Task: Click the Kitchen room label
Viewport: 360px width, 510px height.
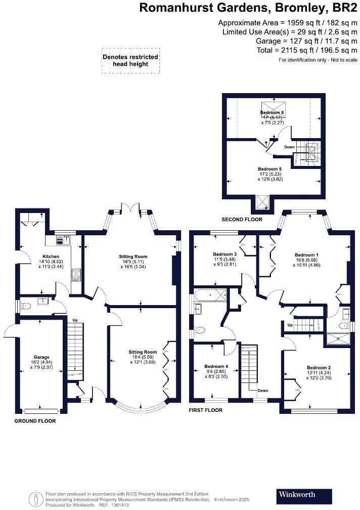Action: (51, 257)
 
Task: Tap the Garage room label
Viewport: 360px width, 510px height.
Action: (41, 356)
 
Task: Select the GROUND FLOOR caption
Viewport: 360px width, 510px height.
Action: (35, 421)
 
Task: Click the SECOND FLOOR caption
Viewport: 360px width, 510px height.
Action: (242, 220)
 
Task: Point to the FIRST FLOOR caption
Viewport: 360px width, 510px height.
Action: (205, 410)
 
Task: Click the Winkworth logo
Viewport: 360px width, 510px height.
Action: (305, 494)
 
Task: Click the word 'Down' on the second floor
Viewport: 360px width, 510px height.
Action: (289, 147)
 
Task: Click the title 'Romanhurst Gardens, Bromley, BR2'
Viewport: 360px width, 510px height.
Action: (248, 8)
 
